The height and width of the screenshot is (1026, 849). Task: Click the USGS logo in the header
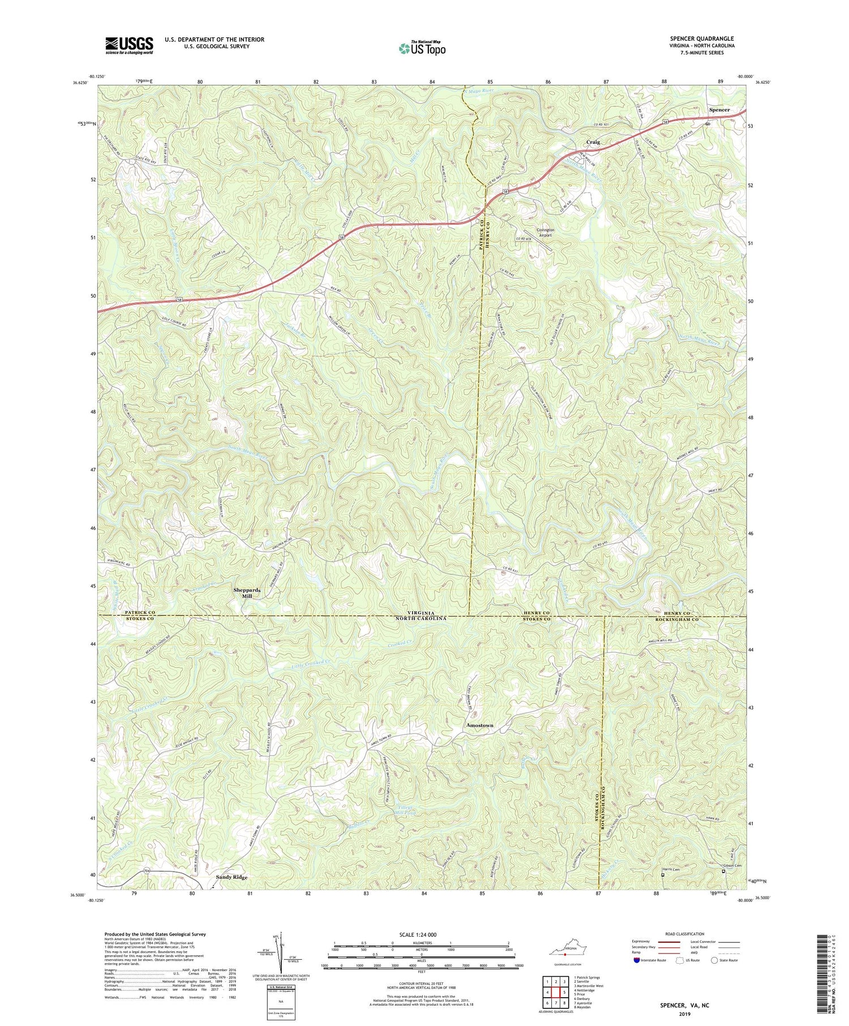pyautogui.click(x=129, y=45)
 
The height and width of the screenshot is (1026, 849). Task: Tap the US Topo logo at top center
pyautogui.click(x=422, y=48)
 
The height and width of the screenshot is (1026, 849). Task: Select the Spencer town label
pyautogui.click(x=719, y=110)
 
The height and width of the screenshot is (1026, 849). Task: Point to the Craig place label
pyautogui.click(x=593, y=142)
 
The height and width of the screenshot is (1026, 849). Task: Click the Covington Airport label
pyautogui.click(x=544, y=233)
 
